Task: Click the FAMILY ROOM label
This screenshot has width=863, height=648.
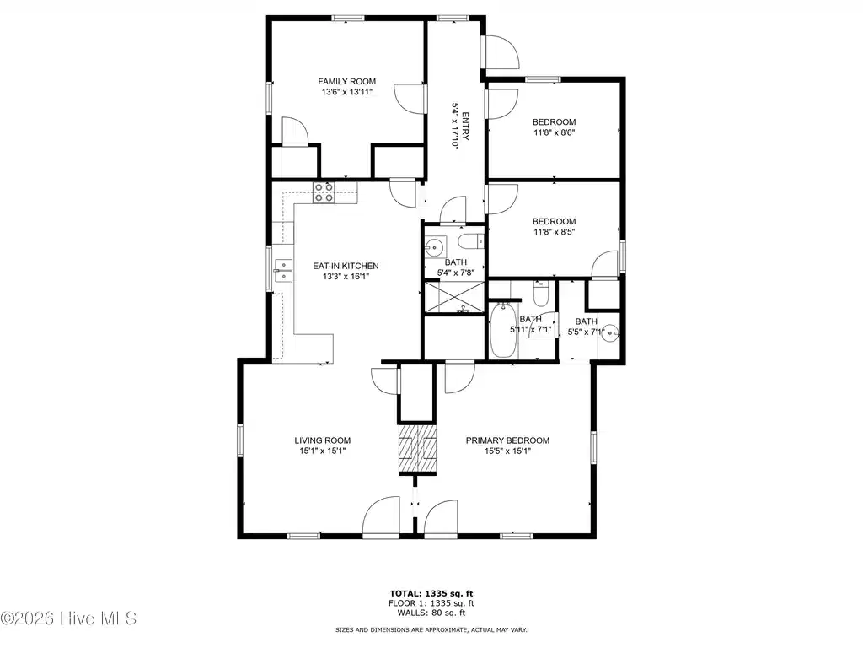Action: click(x=346, y=82)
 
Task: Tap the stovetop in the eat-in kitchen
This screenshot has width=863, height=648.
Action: click(x=324, y=192)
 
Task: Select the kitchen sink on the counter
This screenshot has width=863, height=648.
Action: click(x=283, y=270)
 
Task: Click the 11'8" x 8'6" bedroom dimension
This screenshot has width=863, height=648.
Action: click(x=555, y=132)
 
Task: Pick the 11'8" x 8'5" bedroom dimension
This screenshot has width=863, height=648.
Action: click(x=555, y=231)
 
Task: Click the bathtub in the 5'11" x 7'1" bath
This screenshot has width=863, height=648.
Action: click(x=503, y=330)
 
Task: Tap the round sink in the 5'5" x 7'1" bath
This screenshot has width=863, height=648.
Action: click(x=610, y=332)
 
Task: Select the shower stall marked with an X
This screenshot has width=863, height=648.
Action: click(x=454, y=298)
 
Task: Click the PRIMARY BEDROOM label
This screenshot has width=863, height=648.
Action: click(x=507, y=440)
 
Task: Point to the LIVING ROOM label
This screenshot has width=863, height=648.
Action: click(x=323, y=440)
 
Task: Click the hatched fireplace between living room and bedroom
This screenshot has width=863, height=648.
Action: click(x=417, y=449)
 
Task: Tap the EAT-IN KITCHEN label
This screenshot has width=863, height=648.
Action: click(x=346, y=266)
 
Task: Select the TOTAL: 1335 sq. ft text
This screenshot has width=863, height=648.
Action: click(x=431, y=593)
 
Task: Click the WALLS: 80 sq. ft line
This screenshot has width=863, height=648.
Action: click(x=431, y=613)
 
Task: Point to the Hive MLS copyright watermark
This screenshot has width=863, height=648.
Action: click(x=68, y=618)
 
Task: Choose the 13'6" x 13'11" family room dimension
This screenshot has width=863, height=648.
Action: click(x=346, y=93)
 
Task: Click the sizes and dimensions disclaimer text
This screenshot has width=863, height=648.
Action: click(x=431, y=629)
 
